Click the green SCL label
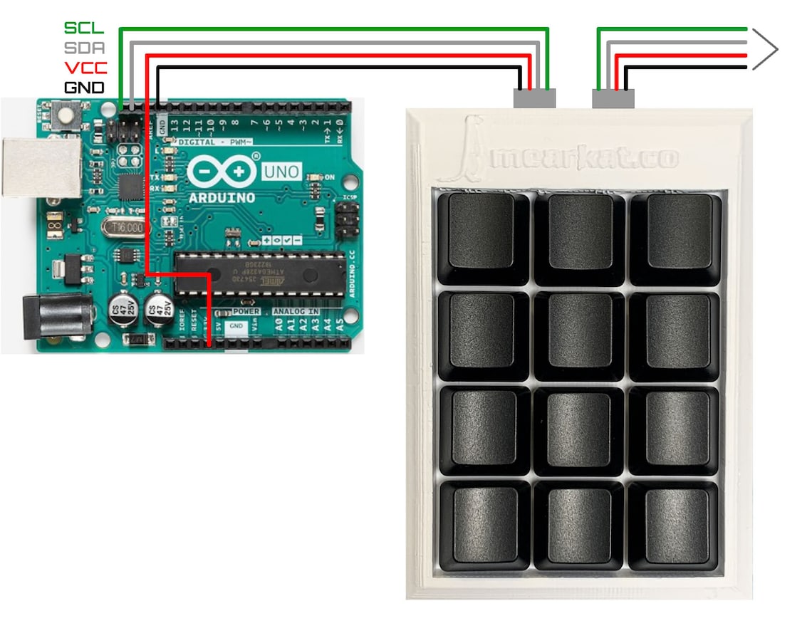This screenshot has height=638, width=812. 84,28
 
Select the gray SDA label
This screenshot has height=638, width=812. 84,48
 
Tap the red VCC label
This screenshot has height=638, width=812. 84,68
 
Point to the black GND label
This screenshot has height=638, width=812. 84,88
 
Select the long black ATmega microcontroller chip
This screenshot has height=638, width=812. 259,273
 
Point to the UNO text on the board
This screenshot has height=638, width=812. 282,172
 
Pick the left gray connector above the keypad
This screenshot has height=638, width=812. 534,98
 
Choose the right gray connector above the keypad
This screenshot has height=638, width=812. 613,98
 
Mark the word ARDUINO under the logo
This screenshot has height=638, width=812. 222,197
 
